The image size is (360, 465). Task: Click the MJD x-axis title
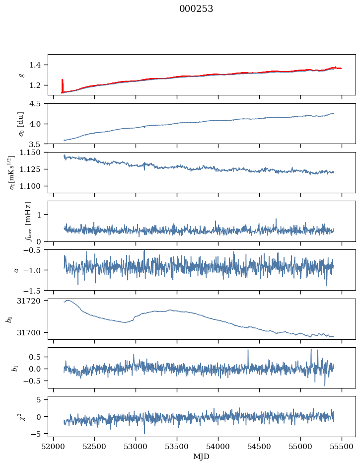201,456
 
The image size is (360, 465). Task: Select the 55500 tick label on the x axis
342,447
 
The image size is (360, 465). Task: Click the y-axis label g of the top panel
21,75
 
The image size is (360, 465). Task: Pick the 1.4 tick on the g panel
38,65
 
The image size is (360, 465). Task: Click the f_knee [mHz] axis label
28,221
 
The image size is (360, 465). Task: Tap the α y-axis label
16,270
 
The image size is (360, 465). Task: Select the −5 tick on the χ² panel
39,434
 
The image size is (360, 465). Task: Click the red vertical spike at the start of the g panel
62,85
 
